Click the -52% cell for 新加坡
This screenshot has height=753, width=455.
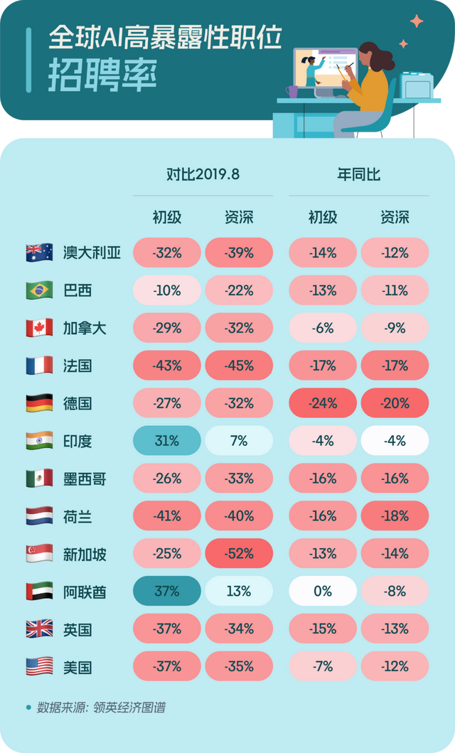pos(239,554)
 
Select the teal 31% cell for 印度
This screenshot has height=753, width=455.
pos(167,441)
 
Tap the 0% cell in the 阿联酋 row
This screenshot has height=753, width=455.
pos(323,592)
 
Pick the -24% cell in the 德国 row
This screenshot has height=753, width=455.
pos(323,403)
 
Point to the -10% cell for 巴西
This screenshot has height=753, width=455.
pos(167,290)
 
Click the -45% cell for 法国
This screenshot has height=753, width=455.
pos(239,365)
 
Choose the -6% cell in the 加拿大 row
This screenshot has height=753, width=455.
pos(323,328)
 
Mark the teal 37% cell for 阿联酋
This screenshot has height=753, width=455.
pos(167,592)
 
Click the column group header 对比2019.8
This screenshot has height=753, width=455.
pos(203,175)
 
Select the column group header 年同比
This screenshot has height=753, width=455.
pos(358,175)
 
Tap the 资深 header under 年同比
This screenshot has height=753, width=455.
pos(395,217)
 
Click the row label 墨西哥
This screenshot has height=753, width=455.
pos(85,479)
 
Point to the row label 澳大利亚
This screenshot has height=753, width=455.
pos(92,252)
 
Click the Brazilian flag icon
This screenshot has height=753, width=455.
pos(39,290)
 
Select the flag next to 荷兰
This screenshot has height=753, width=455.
pos(39,516)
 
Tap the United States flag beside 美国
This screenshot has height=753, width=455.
pos(39,667)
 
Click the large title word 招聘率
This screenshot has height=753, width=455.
pos(102,76)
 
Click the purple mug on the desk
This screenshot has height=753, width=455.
pos(292,92)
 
